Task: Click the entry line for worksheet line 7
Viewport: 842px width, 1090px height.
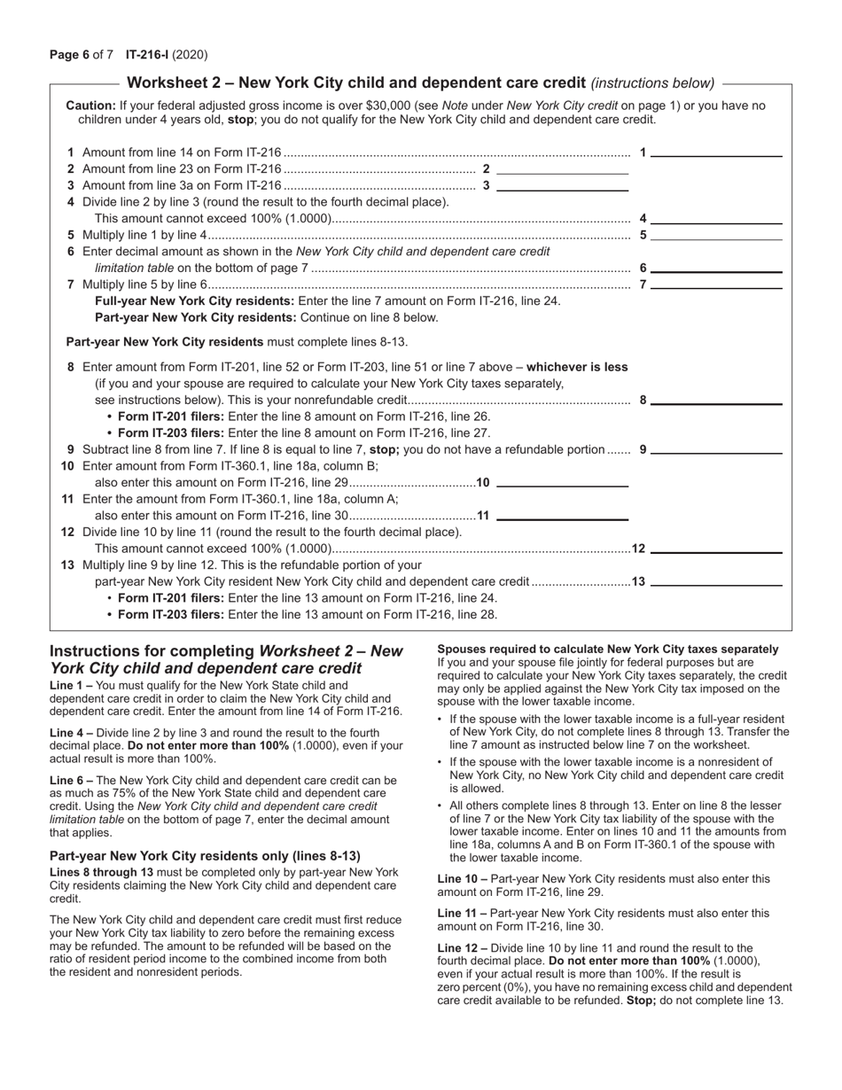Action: tap(716, 285)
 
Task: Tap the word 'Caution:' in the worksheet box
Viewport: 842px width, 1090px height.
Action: tap(91, 105)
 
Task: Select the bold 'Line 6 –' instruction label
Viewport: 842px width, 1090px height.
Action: tap(71, 781)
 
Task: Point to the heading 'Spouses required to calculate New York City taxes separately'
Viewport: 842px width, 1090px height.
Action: tap(608, 650)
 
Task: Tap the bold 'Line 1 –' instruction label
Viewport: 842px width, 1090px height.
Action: tap(71, 686)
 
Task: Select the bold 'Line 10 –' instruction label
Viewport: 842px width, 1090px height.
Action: tap(462, 879)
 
